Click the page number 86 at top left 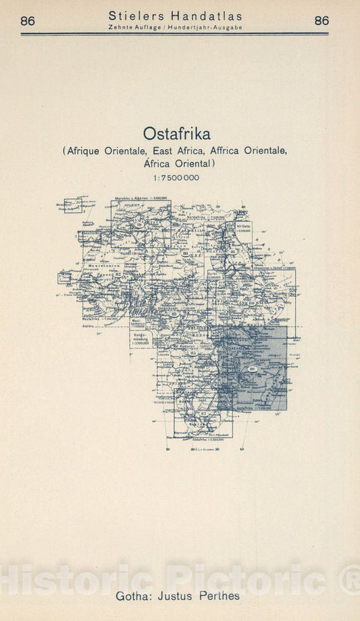(28, 20)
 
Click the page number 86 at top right (322, 20)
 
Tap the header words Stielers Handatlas (175, 16)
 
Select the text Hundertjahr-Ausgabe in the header (209, 27)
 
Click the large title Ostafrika (176, 133)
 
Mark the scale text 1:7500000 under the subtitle (176, 178)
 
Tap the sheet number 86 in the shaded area (253, 369)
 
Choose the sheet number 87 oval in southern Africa (184, 412)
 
